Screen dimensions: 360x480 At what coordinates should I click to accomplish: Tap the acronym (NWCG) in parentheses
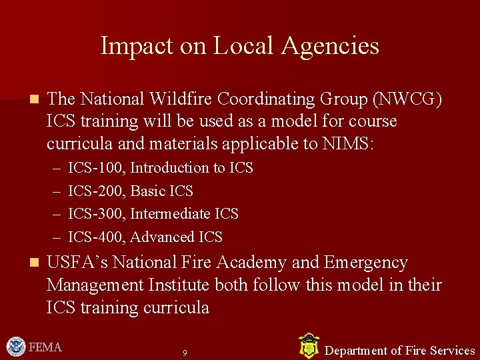point(408,99)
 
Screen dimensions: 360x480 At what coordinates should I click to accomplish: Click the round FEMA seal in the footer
point(15,347)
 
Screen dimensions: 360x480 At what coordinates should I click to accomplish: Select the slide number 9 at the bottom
point(185,352)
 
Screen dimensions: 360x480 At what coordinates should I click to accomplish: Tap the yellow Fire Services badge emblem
point(308,346)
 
